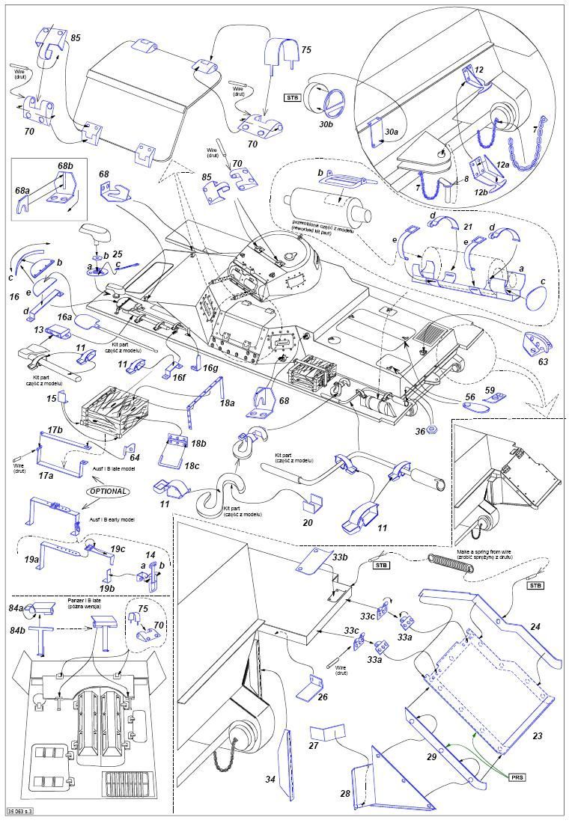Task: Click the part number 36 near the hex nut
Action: (x=419, y=432)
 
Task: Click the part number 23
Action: (x=537, y=736)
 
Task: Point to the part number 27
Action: (x=314, y=746)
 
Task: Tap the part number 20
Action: (x=307, y=523)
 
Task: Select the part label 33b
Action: (x=340, y=557)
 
